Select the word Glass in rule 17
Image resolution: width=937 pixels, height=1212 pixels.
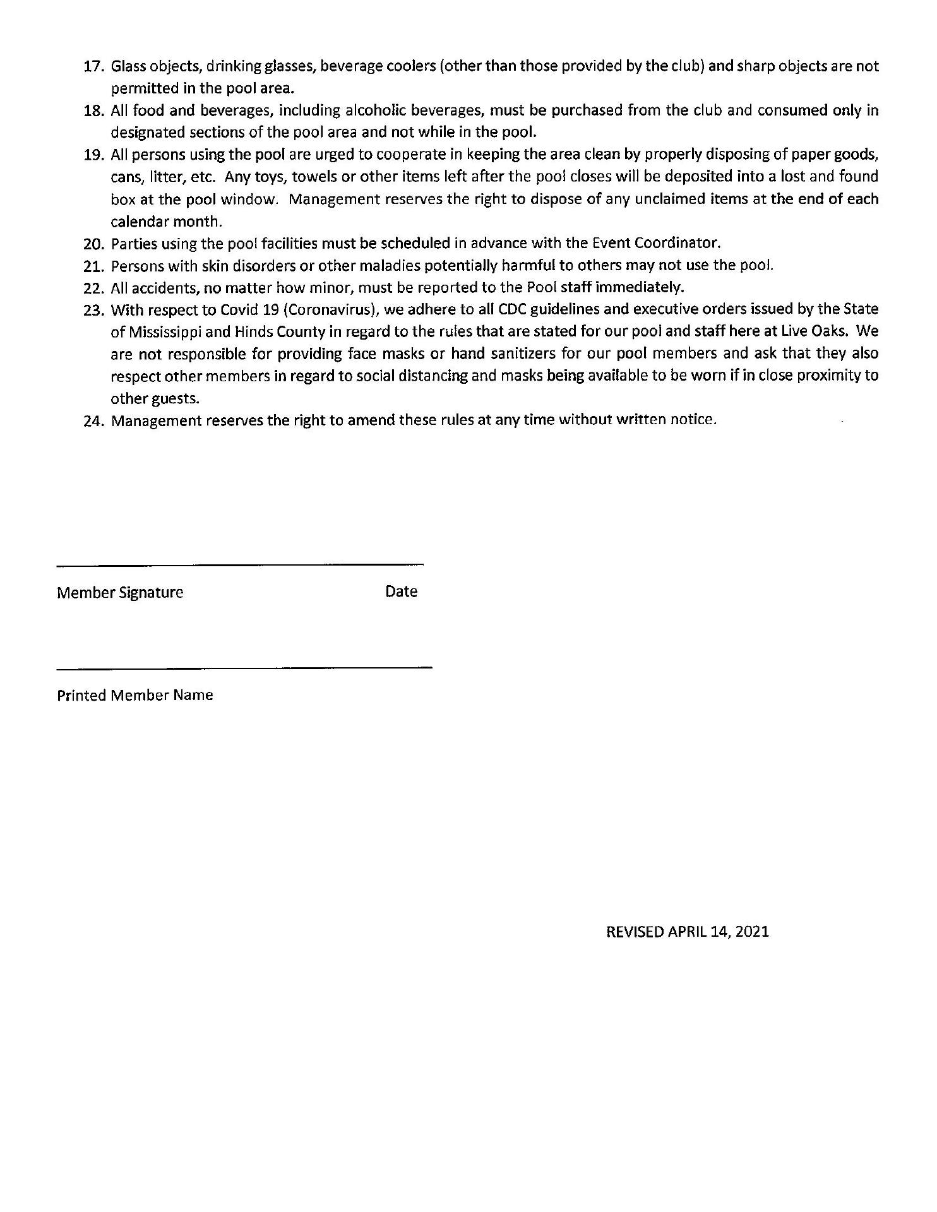point(128,66)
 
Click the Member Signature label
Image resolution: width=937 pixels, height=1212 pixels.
point(120,592)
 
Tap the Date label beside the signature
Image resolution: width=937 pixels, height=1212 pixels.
point(401,591)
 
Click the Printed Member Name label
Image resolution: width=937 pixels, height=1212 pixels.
point(135,695)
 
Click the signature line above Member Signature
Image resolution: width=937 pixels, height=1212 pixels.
point(240,564)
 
